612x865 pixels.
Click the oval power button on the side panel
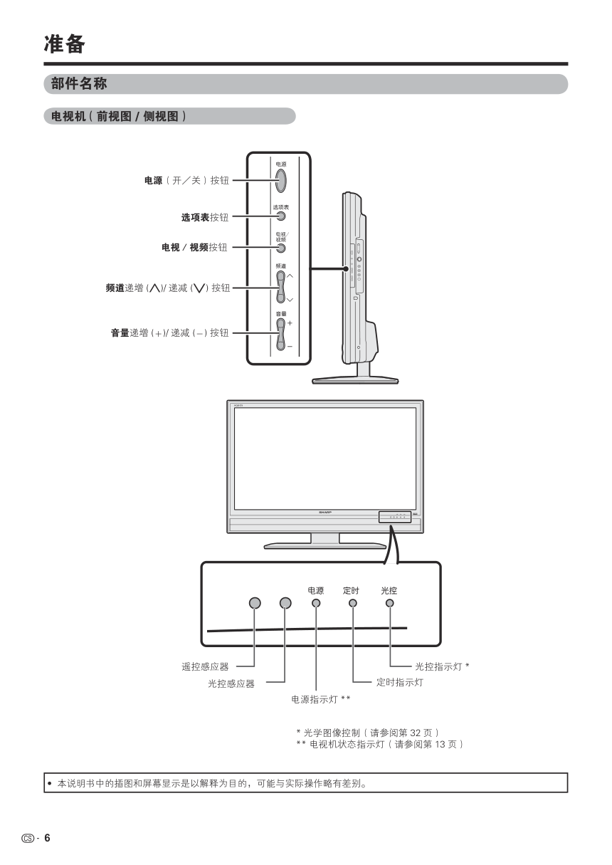(x=280, y=180)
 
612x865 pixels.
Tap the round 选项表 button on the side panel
(x=280, y=216)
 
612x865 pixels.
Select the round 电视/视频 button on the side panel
(x=280, y=248)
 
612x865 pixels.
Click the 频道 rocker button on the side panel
(x=280, y=287)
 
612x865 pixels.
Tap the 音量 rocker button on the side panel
(x=280, y=333)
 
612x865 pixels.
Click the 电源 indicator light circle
(x=316, y=603)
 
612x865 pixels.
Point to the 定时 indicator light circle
(x=352, y=603)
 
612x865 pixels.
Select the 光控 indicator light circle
(x=389, y=603)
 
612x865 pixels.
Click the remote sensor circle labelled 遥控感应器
(x=255, y=603)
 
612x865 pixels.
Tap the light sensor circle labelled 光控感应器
(x=285, y=603)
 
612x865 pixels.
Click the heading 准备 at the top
(x=64, y=44)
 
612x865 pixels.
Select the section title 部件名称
(x=79, y=84)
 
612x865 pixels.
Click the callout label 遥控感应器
(x=205, y=667)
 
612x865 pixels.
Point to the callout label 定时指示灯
(x=399, y=683)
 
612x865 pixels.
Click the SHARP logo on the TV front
(x=325, y=513)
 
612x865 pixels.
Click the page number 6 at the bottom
(x=48, y=838)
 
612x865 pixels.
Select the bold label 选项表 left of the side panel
(x=194, y=216)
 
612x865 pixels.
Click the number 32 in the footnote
(x=416, y=733)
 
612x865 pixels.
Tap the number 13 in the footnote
(x=442, y=744)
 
